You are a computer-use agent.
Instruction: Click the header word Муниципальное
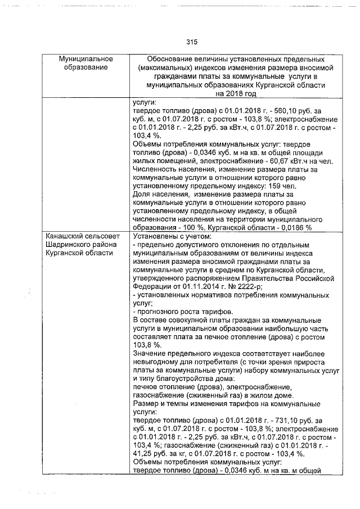click(86, 59)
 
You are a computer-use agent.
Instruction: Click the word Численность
click(156, 169)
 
